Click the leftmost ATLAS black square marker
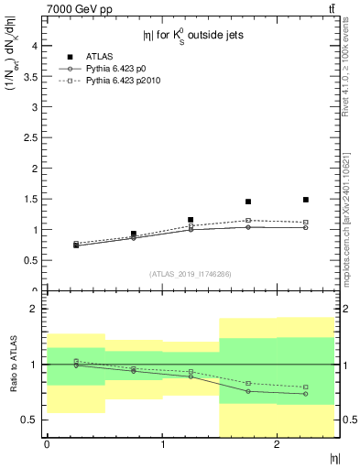pos(76,245)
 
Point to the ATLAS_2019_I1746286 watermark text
pos(191,274)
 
